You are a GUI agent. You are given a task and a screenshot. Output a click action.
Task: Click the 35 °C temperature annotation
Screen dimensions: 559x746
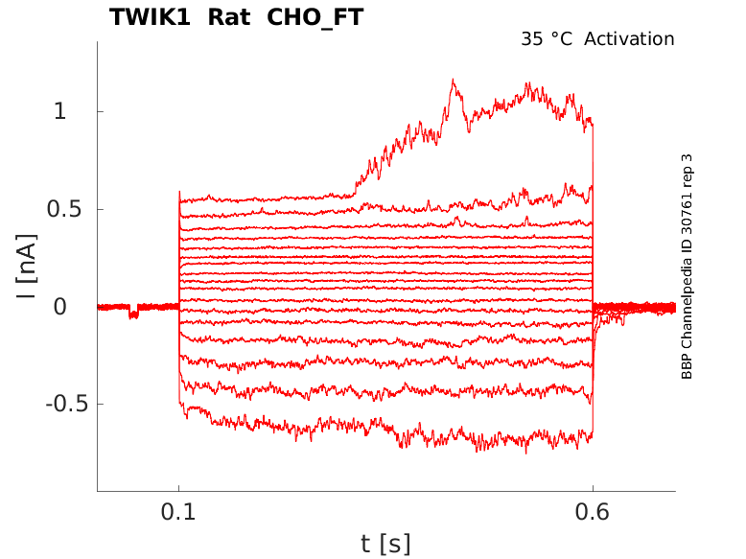tap(548, 39)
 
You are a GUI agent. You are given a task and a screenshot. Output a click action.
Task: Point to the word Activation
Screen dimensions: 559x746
tap(629, 39)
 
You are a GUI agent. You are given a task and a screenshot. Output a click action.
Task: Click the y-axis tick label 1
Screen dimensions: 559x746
tap(60, 111)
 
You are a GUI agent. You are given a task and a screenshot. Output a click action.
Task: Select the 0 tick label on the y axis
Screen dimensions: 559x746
tap(60, 307)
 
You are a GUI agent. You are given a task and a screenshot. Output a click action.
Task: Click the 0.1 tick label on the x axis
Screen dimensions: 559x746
tap(178, 513)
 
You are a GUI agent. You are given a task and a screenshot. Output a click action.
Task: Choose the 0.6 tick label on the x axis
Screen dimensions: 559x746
tap(593, 513)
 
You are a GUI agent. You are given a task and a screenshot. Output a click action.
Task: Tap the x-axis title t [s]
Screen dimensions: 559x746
tap(385, 545)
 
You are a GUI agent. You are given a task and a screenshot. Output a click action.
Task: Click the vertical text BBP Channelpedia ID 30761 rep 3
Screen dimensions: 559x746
tap(687, 267)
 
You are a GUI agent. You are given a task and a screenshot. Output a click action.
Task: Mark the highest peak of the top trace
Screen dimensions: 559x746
tap(453, 82)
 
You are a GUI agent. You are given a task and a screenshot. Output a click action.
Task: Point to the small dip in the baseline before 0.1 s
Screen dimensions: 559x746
tap(133, 313)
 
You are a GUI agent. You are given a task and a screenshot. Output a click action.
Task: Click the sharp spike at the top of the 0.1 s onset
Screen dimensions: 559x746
tap(179, 193)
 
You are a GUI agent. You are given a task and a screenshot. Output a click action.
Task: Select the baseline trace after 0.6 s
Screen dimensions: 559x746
tap(633, 308)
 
